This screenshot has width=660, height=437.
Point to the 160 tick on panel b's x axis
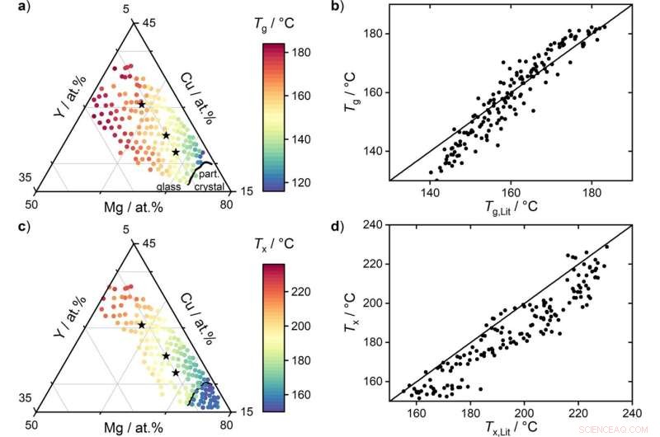[510, 190]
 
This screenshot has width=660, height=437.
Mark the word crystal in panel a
[209, 187]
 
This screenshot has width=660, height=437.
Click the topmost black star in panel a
[142, 104]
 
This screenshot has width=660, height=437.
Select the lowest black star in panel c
[176, 373]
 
